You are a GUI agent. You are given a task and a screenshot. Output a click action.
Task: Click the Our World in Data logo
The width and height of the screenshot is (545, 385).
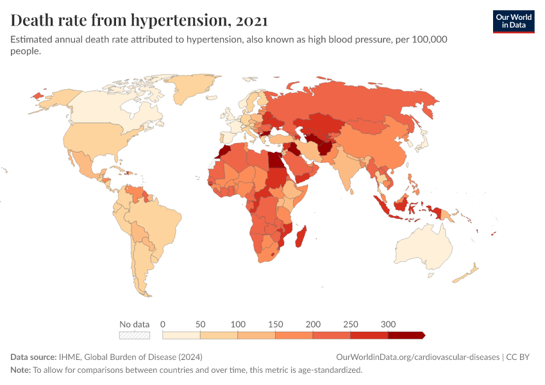[513, 21]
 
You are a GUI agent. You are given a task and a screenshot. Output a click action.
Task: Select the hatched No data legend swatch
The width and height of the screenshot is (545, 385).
[135, 335]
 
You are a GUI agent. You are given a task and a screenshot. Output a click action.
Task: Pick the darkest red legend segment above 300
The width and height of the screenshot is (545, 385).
[406, 335]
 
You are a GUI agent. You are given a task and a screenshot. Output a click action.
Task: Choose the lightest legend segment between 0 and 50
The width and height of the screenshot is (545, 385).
[181, 335]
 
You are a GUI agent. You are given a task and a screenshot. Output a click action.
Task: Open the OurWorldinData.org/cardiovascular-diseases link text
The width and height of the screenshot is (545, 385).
[417, 357]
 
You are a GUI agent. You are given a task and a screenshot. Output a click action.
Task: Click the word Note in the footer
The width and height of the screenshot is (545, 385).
[20, 370]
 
